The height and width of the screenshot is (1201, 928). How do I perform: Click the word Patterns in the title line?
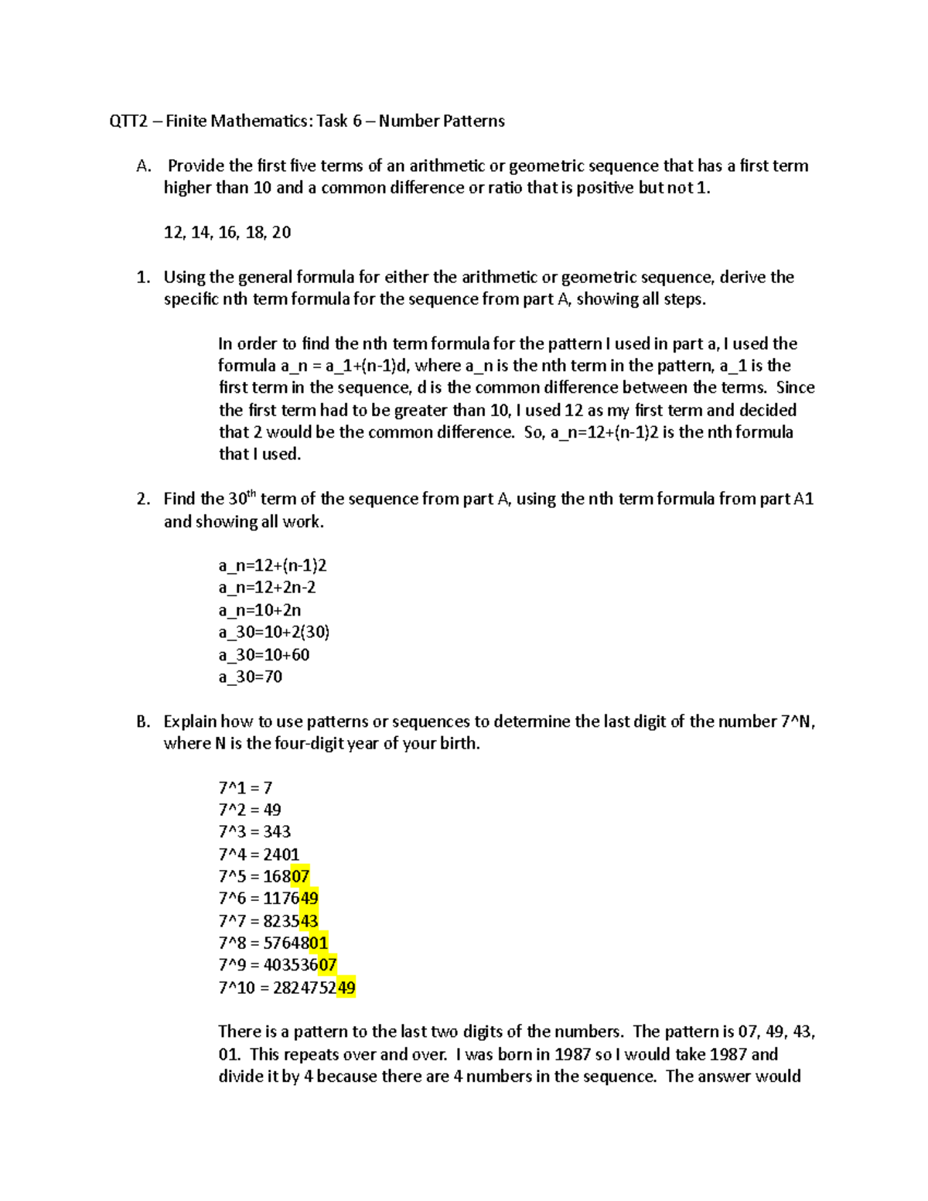point(473,121)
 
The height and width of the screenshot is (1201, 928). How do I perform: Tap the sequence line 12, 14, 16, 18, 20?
point(227,233)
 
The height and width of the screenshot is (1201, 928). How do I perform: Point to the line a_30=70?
point(250,677)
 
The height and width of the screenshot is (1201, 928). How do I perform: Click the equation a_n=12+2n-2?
point(267,588)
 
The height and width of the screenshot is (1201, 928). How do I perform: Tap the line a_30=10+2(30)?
point(274,633)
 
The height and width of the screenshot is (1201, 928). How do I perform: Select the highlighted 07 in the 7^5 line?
point(300,877)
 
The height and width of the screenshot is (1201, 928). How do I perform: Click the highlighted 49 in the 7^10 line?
point(346,988)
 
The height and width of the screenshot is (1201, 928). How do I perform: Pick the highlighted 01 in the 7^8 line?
point(319,943)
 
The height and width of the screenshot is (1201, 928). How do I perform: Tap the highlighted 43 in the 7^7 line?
point(309,921)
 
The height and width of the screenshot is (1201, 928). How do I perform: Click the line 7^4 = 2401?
point(258,855)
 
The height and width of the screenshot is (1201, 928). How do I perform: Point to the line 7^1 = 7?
point(245,788)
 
